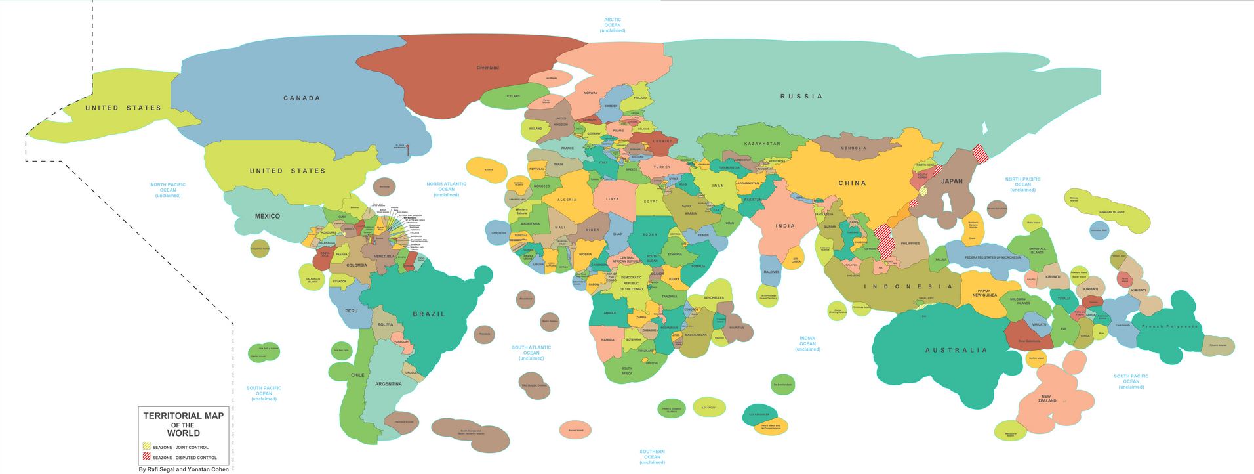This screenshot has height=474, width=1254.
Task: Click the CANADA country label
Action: click(x=302, y=98)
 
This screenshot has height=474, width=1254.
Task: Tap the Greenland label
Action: click(x=487, y=68)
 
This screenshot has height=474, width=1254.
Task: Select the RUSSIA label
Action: click(x=801, y=96)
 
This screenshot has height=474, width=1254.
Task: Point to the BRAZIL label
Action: click(x=429, y=314)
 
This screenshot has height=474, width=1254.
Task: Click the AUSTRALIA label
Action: click(x=956, y=350)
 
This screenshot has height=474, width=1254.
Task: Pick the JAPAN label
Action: click(x=952, y=181)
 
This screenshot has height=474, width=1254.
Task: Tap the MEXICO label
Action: click(x=267, y=216)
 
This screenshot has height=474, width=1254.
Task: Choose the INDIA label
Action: click(x=785, y=226)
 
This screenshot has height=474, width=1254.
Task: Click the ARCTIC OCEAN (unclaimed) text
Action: click(x=613, y=25)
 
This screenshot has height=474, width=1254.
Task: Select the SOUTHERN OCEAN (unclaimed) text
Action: click(x=652, y=456)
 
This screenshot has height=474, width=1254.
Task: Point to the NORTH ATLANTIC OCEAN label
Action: click(x=446, y=189)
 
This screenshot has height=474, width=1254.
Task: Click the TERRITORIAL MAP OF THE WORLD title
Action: click(x=184, y=424)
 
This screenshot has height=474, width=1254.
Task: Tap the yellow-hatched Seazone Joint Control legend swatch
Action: click(x=147, y=446)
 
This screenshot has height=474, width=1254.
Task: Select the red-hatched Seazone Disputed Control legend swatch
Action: click(x=147, y=456)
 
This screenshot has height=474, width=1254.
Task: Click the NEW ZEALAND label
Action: click(x=1047, y=399)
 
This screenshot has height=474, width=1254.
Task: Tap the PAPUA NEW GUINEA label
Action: click(x=984, y=293)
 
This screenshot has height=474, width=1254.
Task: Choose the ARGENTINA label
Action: click(x=388, y=384)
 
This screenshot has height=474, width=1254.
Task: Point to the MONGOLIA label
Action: click(x=853, y=148)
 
